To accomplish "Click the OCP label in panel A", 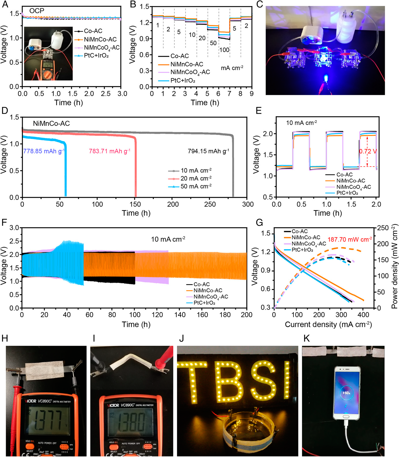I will tap(37, 11).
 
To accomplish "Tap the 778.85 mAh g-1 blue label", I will tap(44, 151).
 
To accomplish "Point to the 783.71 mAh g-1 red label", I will tap(110, 151).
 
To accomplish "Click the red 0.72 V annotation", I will tap(368, 151).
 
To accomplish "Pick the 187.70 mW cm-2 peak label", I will tap(350, 239).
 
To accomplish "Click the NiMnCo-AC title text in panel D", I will tap(51, 124).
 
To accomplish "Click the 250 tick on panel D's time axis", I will tap(210, 204).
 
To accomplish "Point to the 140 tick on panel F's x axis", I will tap(180, 315).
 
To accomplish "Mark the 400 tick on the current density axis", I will tap(363, 315).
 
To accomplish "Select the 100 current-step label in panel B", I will tap(224, 50).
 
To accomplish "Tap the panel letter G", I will tap(259, 223).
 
